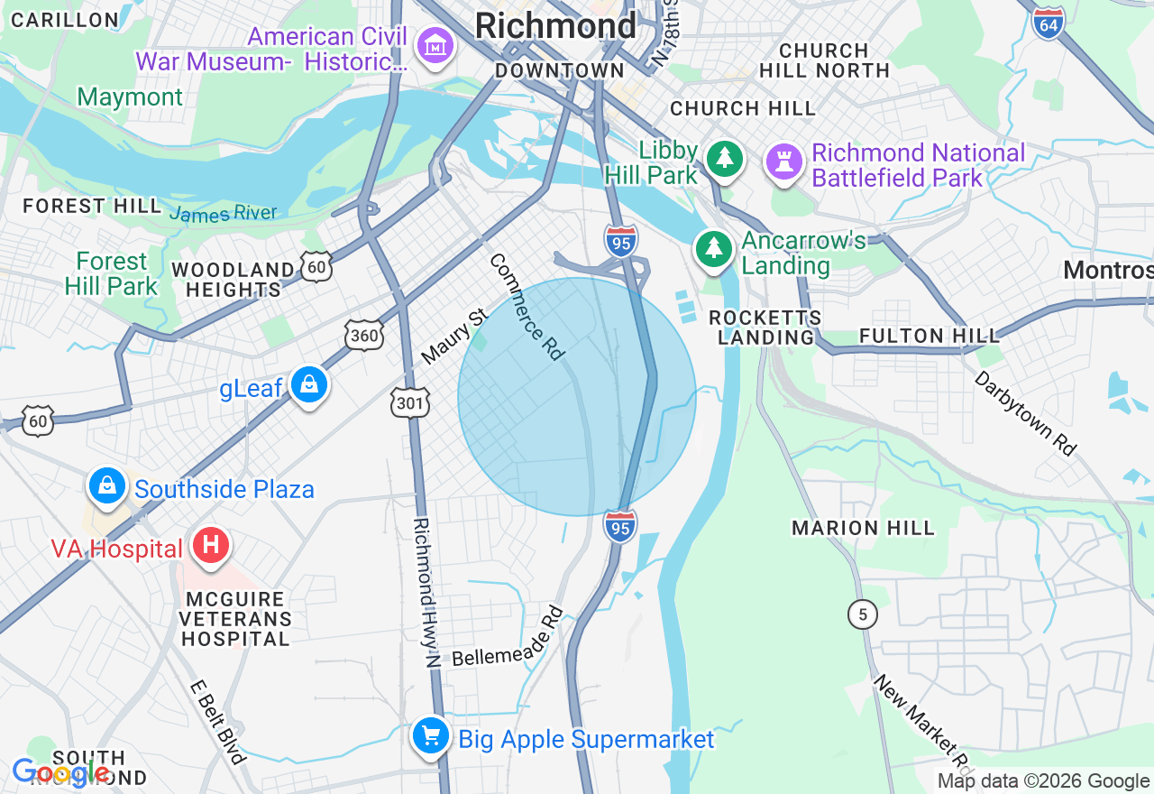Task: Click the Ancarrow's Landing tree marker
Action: pyautogui.click(x=713, y=248)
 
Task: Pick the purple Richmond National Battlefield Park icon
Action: pyautogui.click(x=784, y=163)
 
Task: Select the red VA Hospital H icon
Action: pyautogui.click(x=211, y=546)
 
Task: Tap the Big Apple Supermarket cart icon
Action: pyautogui.click(x=431, y=737)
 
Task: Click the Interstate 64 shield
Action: pyautogui.click(x=1049, y=23)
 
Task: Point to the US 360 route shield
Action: pyautogui.click(x=363, y=336)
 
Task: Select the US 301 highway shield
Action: pyautogui.click(x=410, y=402)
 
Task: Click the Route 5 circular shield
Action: pyautogui.click(x=862, y=615)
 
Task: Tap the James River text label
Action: pyautogui.click(x=223, y=214)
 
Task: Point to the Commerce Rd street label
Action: pyautogui.click(x=527, y=307)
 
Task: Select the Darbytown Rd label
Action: pyautogui.click(x=1025, y=413)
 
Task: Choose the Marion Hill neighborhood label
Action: pyautogui.click(x=863, y=528)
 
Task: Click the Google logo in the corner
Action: pyautogui.click(x=60, y=773)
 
